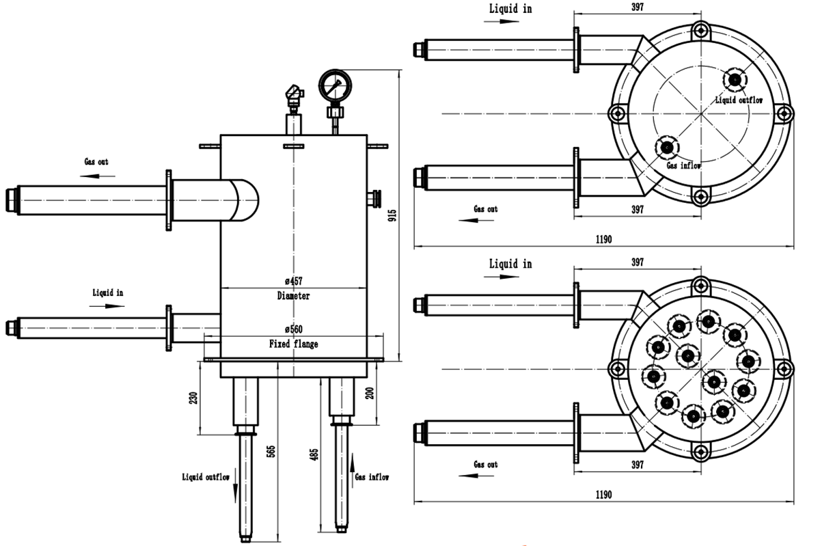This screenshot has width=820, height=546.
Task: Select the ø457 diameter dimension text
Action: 293,282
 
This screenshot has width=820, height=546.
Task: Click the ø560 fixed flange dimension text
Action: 293,329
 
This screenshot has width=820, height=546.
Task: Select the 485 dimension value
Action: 314,454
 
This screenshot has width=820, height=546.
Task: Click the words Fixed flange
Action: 293,344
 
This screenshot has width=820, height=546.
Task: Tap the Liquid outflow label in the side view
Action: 206,477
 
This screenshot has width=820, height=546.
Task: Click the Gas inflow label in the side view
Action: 372,477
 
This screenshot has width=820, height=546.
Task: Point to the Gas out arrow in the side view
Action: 96,176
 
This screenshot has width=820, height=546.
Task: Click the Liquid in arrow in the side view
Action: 108,305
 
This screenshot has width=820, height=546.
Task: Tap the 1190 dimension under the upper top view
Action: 603,239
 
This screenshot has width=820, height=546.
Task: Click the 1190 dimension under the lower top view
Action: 603,495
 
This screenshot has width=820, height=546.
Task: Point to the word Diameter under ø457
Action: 293,297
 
